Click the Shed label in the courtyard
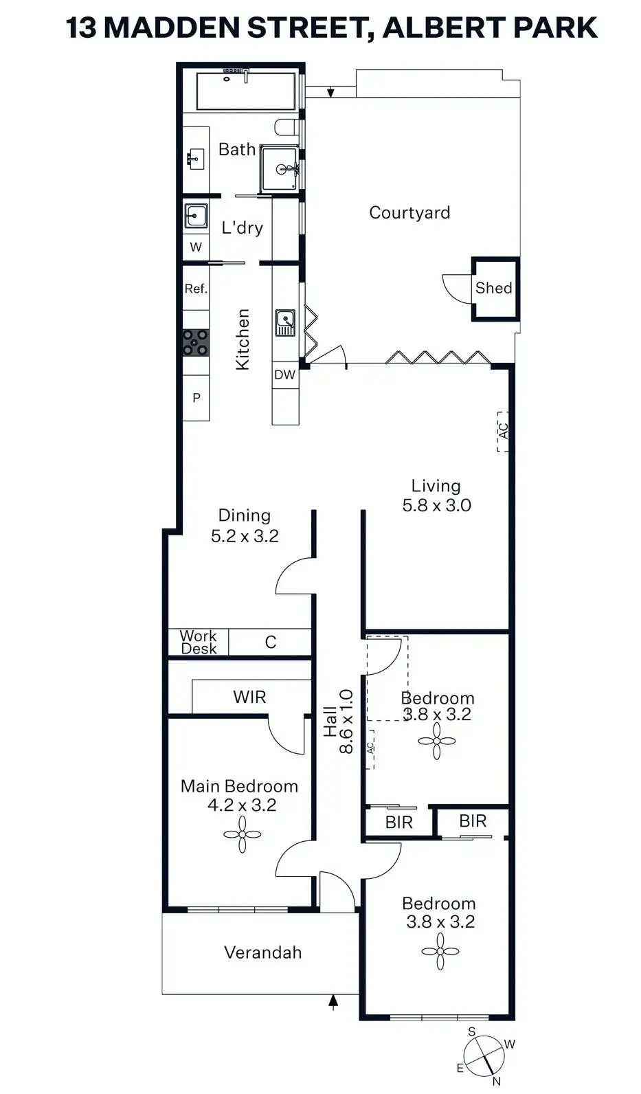pos(493,288)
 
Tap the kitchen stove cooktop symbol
pos(196,342)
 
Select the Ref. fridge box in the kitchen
pos(196,288)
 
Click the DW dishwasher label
pos(284,375)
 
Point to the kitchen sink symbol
pos(285,322)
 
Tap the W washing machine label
pos(196,247)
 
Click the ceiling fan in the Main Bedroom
pos(242,835)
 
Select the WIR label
pos(249,697)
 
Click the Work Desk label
pos(198,643)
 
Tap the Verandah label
pos(262,952)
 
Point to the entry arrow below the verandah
pos(333,1003)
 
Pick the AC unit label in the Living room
pos(504,432)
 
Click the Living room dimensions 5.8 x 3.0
pos(436,505)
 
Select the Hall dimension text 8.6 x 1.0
pos(346,722)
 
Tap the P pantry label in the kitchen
pos(196,398)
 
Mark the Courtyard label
pos(409,213)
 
